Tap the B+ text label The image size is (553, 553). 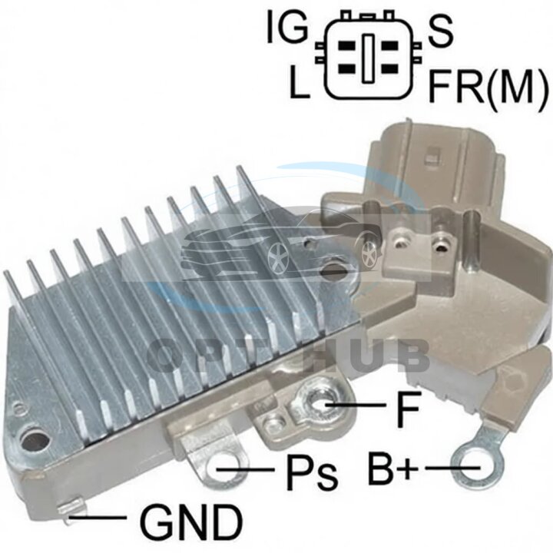click(x=392, y=469)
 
